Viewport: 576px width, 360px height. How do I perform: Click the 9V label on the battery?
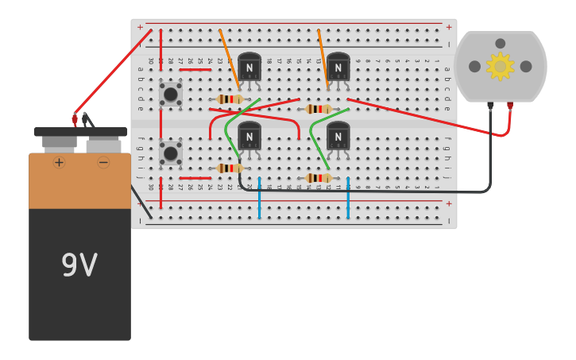click(79, 265)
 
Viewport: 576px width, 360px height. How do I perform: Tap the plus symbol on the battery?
click(59, 162)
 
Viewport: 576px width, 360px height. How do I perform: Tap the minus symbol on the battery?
click(103, 162)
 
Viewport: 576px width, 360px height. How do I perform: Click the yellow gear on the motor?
click(500, 67)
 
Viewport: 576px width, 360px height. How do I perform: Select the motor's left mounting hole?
click(474, 67)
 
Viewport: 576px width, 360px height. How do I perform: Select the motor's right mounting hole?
click(526, 67)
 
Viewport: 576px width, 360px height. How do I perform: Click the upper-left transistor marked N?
click(249, 68)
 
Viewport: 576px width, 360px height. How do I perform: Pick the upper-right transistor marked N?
click(338, 68)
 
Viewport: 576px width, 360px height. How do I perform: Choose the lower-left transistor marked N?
click(249, 137)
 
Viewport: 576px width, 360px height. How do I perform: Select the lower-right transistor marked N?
click(338, 137)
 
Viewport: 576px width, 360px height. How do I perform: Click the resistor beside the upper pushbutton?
click(230, 99)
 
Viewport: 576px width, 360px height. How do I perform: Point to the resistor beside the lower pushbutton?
click(230, 168)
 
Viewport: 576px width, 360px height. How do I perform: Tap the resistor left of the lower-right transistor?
click(318, 178)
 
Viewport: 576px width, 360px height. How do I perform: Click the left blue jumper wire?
click(259, 199)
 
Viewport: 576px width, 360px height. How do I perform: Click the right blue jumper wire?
click(348, 199)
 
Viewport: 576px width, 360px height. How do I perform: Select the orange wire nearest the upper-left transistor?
click(229, 59)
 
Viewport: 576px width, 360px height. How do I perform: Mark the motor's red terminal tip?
click(509, 105)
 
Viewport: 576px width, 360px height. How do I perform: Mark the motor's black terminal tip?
click(490, 105)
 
